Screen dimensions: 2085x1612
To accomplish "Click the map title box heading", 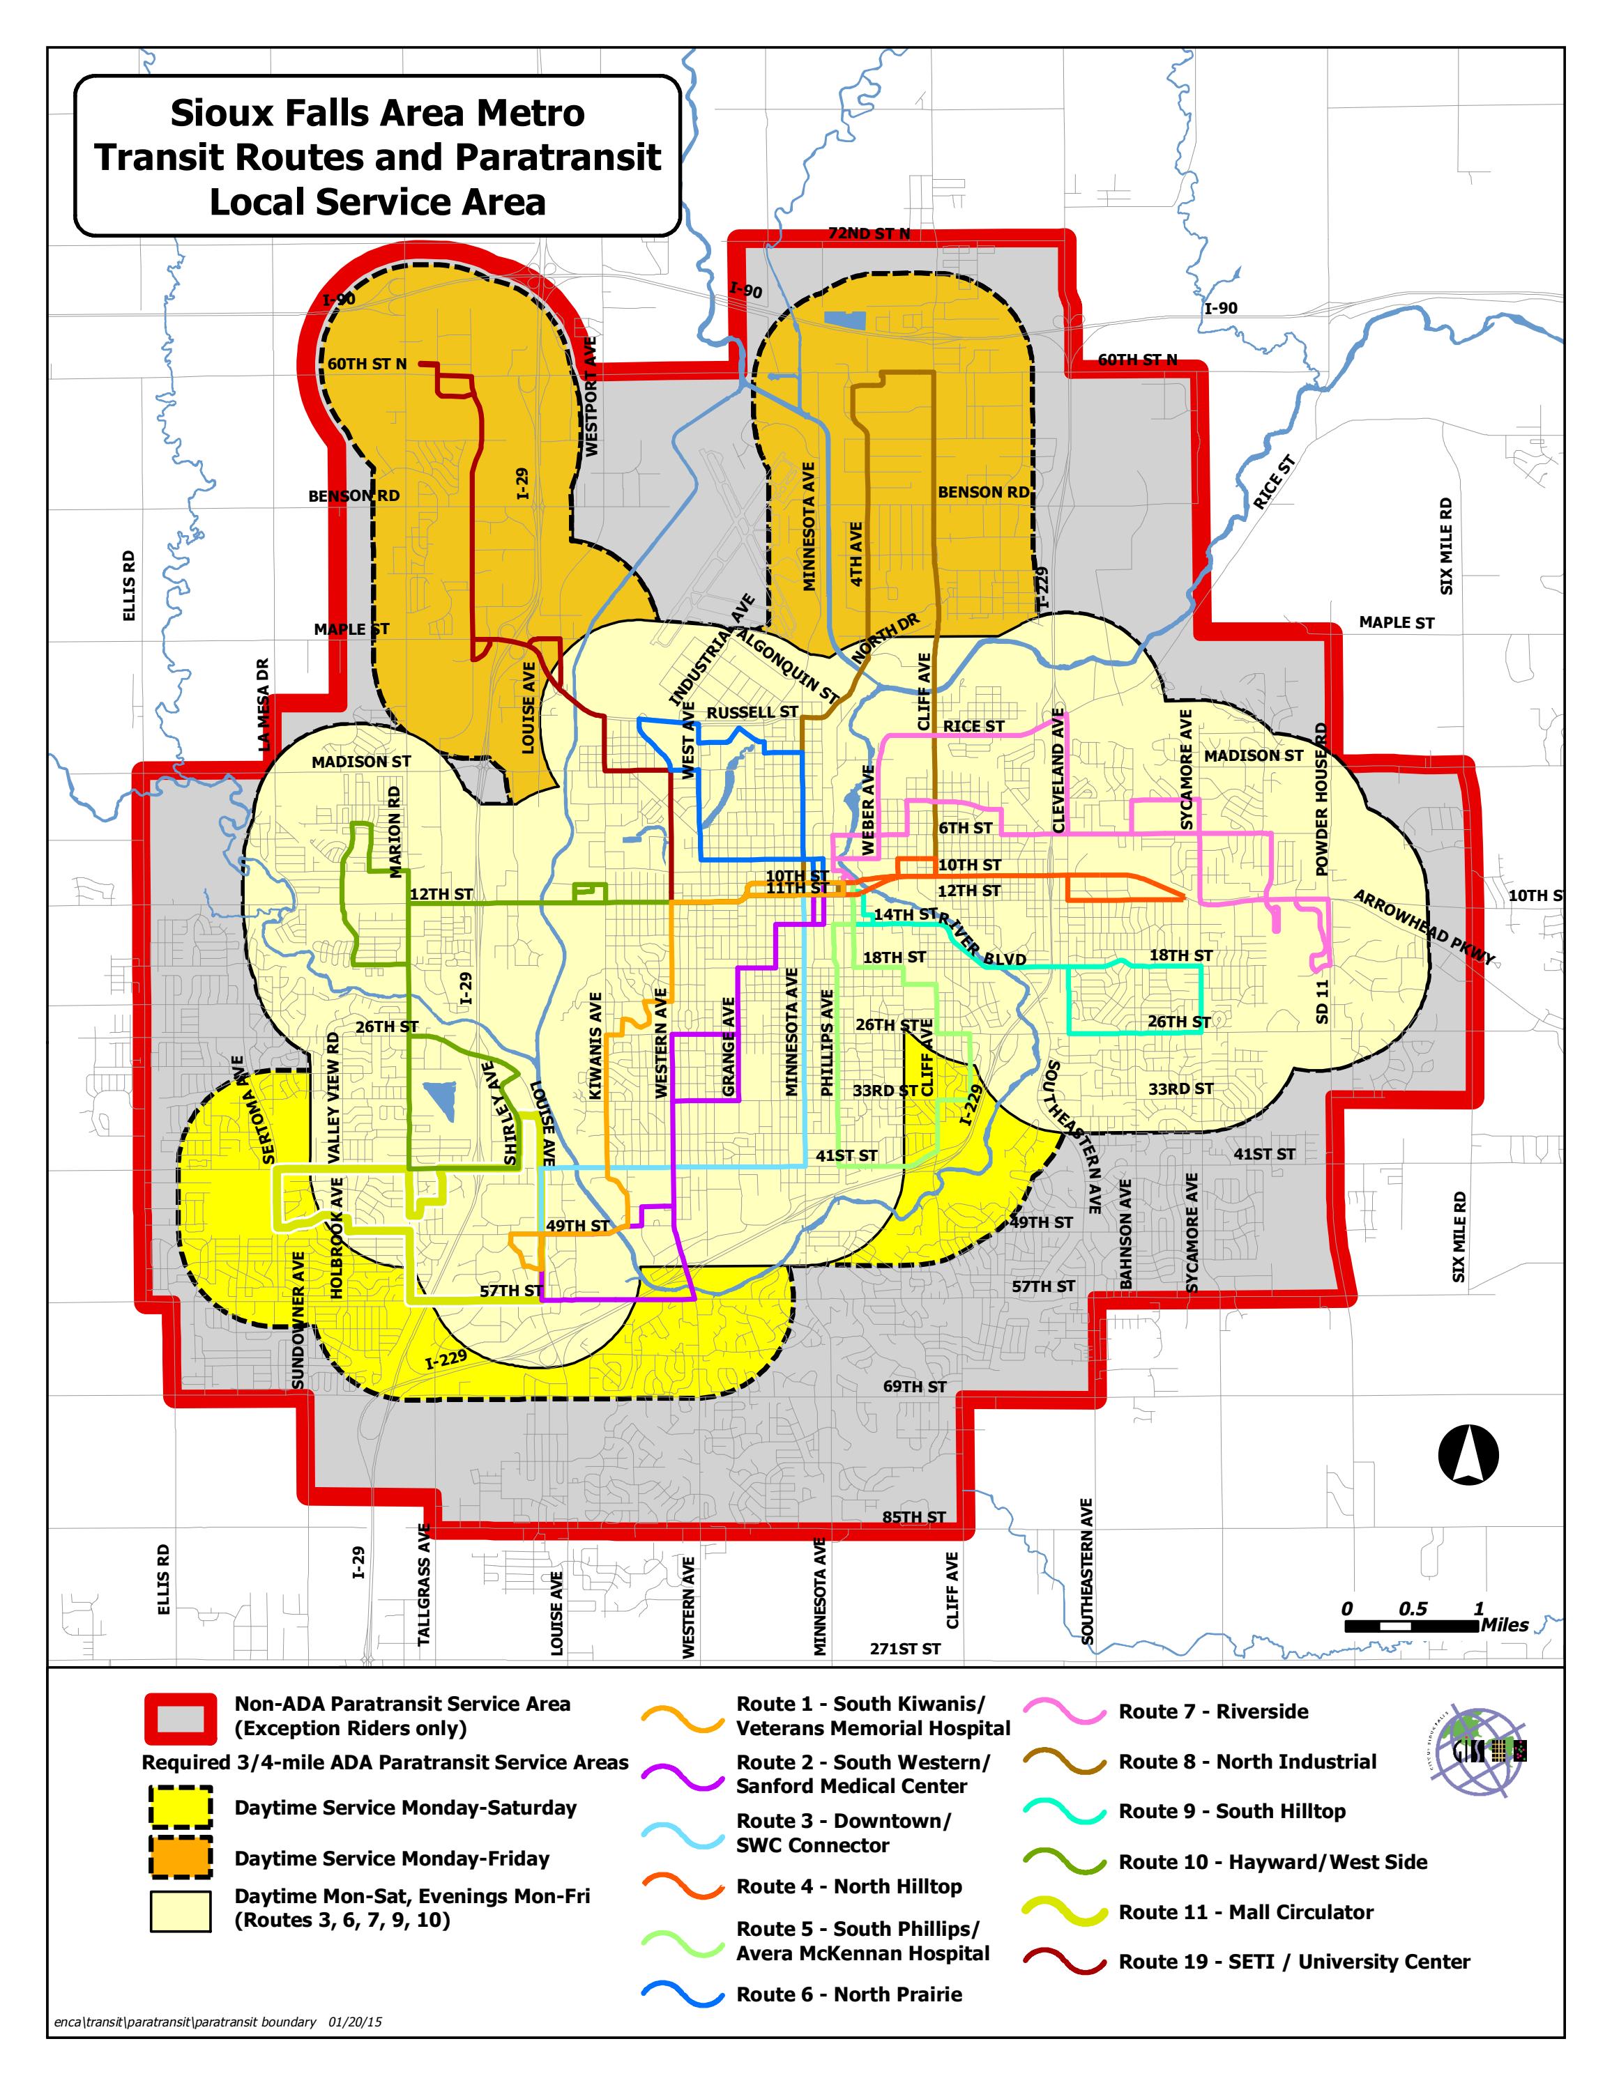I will click(x=377, y=157).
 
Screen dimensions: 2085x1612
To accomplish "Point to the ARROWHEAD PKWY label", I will click(x=1423, y=926).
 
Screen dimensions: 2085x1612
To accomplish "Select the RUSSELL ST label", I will click(x=752, y=712).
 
